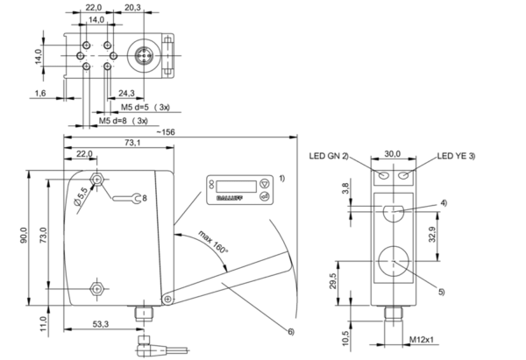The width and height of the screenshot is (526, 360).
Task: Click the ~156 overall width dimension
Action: [166, 132]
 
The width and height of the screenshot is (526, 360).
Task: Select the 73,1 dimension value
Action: [132, 143]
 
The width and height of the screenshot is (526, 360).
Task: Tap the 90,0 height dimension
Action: [24, 236]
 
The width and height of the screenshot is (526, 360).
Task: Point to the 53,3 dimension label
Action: [101, 324]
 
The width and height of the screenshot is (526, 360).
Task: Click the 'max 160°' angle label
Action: [213, 242]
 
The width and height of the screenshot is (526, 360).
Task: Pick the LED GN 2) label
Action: [329, 156]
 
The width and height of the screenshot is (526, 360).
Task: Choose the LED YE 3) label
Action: [456, 156]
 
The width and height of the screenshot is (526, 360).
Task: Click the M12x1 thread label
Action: [422, 340]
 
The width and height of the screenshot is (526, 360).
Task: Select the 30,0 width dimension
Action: [393, 154]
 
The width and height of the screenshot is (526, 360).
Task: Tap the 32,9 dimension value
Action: [432, 235]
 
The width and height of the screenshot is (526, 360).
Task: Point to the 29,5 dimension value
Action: [342, 281]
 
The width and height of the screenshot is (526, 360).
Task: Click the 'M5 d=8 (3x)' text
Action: [123, 121]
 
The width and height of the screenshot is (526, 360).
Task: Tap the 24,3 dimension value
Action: [126, 93]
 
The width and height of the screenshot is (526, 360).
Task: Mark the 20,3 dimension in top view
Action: [133, 7]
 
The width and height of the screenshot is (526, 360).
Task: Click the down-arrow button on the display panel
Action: [265, 184]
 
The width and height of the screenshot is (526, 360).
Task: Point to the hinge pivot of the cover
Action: [167, 300]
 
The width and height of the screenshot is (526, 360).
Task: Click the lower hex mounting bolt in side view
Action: [97, 288]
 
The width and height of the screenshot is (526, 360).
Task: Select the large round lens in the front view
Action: [394, 261]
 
